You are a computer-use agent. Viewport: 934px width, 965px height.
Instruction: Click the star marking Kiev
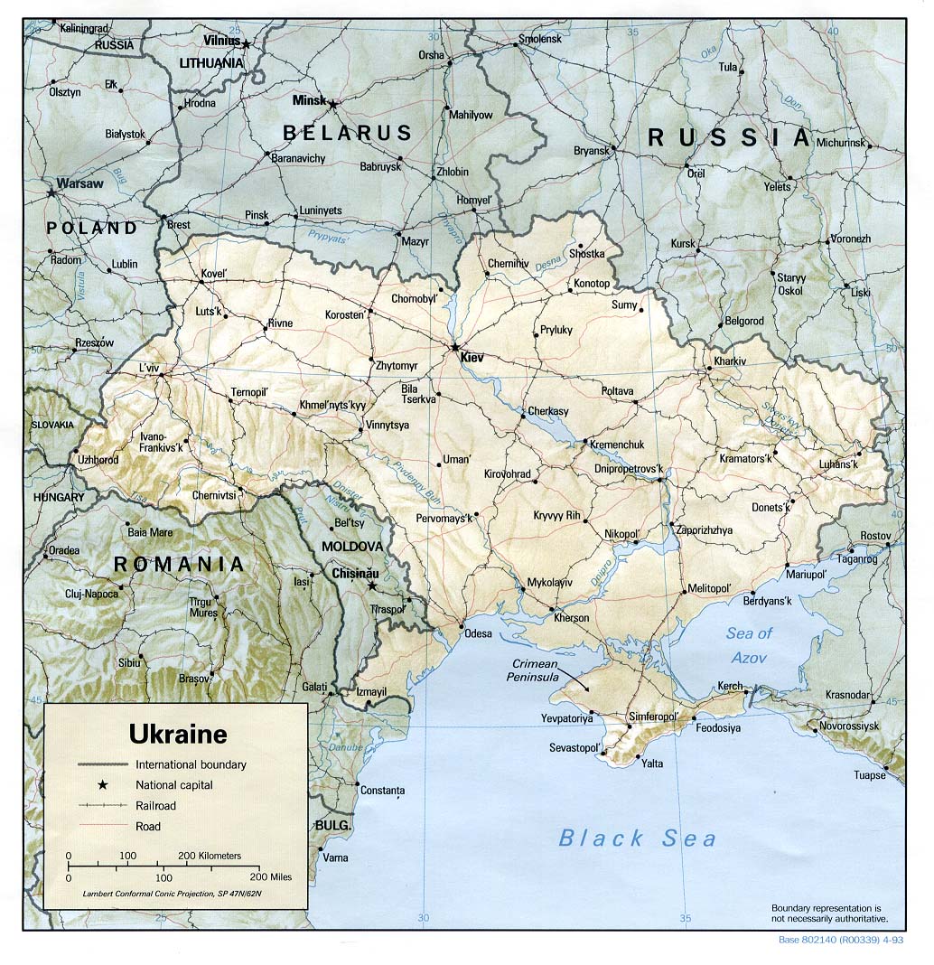455,347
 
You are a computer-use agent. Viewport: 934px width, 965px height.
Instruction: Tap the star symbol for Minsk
332,105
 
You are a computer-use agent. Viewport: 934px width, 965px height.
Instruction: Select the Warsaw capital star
51,192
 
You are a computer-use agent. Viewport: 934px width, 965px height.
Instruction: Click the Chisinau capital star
371,586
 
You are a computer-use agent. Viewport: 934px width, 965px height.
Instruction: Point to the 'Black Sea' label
637,838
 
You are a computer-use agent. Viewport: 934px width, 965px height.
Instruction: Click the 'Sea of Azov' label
750,645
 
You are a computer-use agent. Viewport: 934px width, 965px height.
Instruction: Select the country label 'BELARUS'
348,133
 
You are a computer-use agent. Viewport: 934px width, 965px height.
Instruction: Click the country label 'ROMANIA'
178,565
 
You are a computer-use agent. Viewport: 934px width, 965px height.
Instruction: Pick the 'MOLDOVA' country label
353,547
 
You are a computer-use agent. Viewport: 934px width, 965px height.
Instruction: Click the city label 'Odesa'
478,633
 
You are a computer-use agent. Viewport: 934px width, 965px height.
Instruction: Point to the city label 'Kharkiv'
730,361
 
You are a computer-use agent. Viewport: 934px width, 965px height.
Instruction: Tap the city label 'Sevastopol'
575,748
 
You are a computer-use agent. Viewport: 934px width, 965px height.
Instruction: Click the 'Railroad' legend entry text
155,805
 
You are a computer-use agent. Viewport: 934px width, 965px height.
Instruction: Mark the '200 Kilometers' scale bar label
210,855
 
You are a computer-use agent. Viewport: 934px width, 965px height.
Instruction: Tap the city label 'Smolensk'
539,40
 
